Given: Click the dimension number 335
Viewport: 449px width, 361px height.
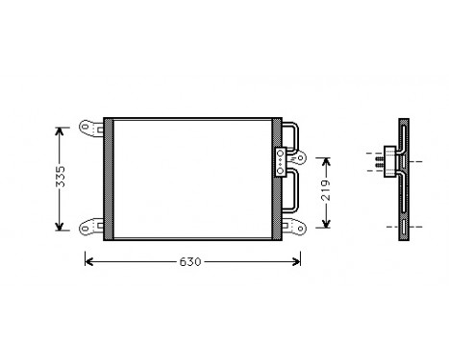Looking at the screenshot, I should click(x=61, y=178).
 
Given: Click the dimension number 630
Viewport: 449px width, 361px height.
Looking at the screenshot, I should click(x=191, y=262).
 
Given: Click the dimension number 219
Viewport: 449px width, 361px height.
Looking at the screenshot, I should click(x=326, y=192).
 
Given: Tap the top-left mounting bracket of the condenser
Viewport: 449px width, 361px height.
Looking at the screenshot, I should click(x=90, y=127).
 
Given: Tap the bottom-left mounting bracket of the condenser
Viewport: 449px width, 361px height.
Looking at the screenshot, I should click(x=90, y=228).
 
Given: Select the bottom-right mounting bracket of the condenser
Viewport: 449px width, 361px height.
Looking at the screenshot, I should click(x=290, y=228).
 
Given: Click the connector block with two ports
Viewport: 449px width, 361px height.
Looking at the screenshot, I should click(x=281, y=159).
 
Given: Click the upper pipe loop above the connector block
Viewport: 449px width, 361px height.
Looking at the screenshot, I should click(x=292, y=136).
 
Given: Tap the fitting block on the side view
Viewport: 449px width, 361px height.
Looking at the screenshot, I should click(x=387, y=159).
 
